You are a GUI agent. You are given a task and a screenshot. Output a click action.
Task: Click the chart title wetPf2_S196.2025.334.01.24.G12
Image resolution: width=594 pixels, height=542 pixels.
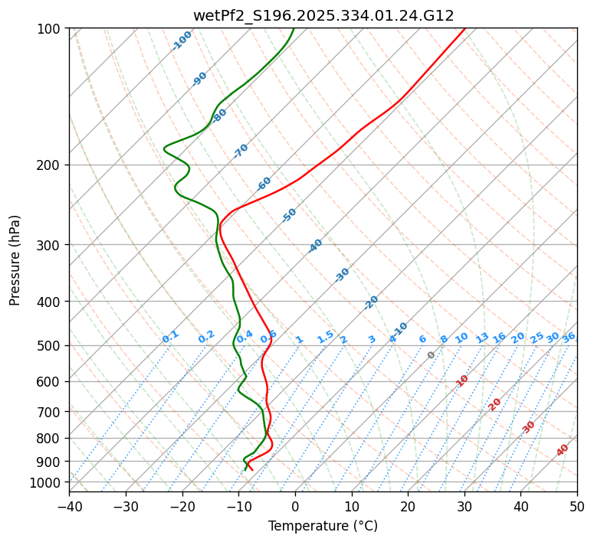[323, 15]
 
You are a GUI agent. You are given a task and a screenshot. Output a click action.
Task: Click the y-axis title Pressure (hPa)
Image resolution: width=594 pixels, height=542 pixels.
[15, 260]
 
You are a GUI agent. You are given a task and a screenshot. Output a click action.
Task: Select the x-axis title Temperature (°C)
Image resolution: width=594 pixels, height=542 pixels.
[323, 527]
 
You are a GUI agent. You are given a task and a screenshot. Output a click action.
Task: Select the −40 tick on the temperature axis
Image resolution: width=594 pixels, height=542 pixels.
[69, 506]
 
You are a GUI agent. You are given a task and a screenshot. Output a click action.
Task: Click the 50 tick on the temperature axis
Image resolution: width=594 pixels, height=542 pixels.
[577, 506]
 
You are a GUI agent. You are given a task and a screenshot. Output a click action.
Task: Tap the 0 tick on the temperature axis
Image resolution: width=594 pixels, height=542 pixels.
[295, 506]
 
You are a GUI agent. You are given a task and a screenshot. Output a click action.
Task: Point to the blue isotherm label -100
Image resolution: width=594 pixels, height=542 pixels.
[182, 41]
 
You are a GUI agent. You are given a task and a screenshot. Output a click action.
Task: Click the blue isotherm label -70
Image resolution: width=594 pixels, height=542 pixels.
[241, 151]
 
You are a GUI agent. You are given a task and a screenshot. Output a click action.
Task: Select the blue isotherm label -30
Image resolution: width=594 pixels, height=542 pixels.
[342, 275]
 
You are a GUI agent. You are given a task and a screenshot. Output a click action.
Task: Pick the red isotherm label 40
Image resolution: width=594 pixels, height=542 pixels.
[563, 450]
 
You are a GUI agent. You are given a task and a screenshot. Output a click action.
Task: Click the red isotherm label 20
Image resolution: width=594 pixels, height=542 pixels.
[495, 403]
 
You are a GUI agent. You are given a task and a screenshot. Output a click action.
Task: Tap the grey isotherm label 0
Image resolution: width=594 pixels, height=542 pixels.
[432, 355]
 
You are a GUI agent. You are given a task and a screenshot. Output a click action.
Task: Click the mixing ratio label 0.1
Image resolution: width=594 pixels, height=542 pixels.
[170, 336]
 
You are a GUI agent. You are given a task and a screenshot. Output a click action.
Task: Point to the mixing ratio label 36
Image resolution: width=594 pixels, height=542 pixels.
[569, 337]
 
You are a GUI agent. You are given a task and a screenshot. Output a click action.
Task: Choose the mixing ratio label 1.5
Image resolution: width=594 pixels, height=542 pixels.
[325, 336]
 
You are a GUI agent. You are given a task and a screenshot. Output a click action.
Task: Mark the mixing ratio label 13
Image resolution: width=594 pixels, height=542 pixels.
[482, 338]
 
